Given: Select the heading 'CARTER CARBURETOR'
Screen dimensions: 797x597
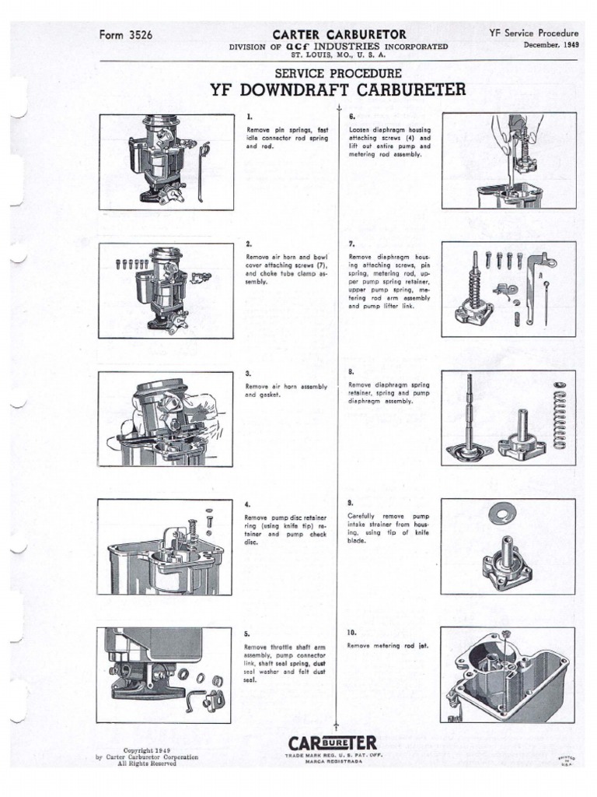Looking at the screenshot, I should coord(337,34).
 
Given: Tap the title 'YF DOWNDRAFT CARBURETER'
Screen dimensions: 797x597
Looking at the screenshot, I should coord(338,89).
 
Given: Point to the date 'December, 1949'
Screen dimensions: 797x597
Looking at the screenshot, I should coord(551,45).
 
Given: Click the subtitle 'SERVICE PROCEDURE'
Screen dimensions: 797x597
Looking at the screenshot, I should coord(337,73).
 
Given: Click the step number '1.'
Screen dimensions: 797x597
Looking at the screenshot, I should coord(249,116).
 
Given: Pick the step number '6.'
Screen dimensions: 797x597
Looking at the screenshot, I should coord(352,116).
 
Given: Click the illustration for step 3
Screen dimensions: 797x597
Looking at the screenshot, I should coord(166,419).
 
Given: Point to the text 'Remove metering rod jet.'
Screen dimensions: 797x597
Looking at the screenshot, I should coord(389,645).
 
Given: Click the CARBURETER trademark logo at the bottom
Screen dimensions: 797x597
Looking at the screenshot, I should coord(333,744).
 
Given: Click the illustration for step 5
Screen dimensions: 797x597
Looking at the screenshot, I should coord(166,675).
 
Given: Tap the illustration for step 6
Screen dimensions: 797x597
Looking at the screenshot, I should coord(509,161).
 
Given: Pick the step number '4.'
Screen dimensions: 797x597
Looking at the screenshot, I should coord(248,505).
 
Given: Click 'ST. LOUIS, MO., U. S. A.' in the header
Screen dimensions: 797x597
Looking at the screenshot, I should coord(337,55).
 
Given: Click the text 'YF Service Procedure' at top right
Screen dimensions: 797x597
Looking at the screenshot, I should coord(534,33).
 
